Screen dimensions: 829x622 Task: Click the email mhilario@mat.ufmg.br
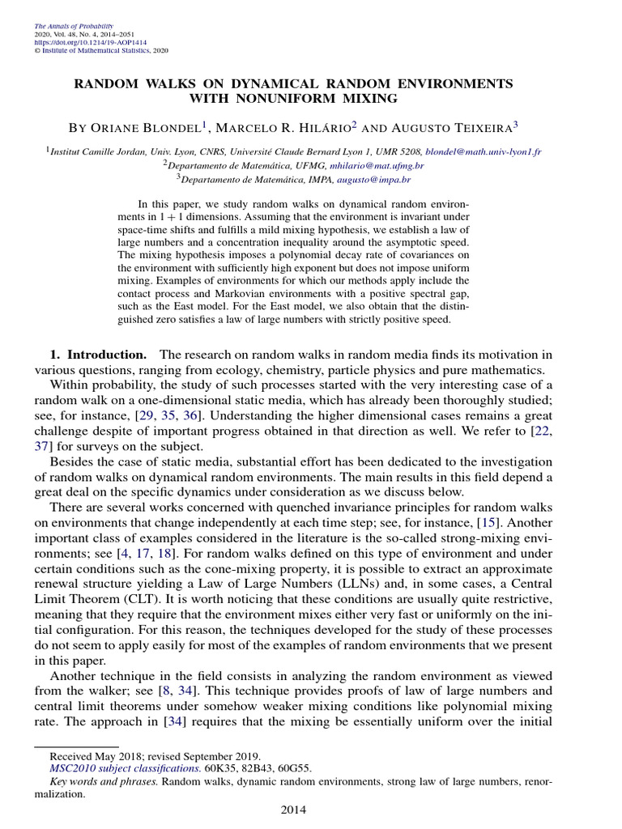point(381,164)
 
